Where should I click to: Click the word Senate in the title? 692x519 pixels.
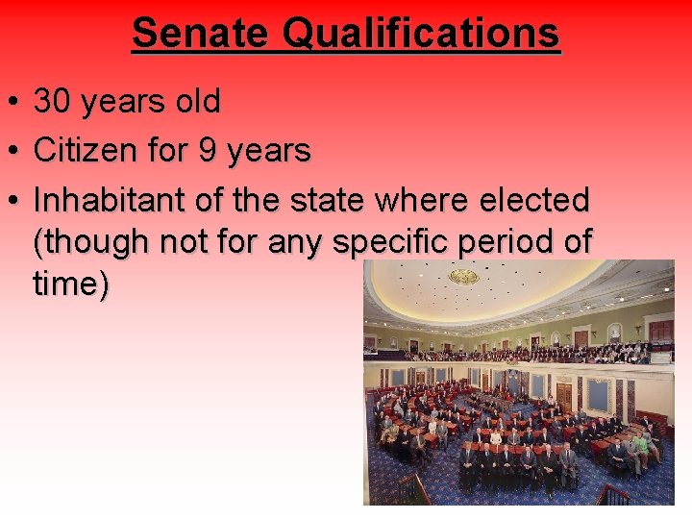(201, 33)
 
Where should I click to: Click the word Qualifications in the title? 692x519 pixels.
(421, 33)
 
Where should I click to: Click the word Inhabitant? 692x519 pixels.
(107, 201)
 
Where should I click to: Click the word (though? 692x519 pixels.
(87, 241)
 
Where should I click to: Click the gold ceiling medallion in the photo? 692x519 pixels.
(464, 277)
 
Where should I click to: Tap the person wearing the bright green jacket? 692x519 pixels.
(640, 444)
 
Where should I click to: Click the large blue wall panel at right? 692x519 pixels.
(598, 395)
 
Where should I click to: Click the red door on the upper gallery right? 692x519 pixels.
(661, 333)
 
